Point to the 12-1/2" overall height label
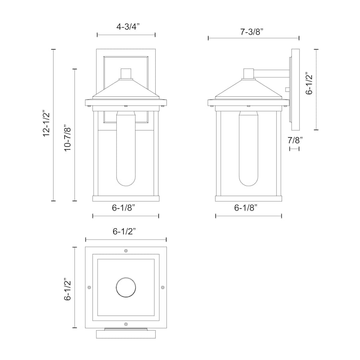(x=47, y=124)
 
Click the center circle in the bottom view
(x=126, y=287)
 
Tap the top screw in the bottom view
(x=126, y=251)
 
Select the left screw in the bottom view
(x=89, y=287)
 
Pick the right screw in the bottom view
(x=162, y=287)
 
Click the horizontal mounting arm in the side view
(x=272, y=74)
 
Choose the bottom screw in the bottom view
(x=126, y=324)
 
